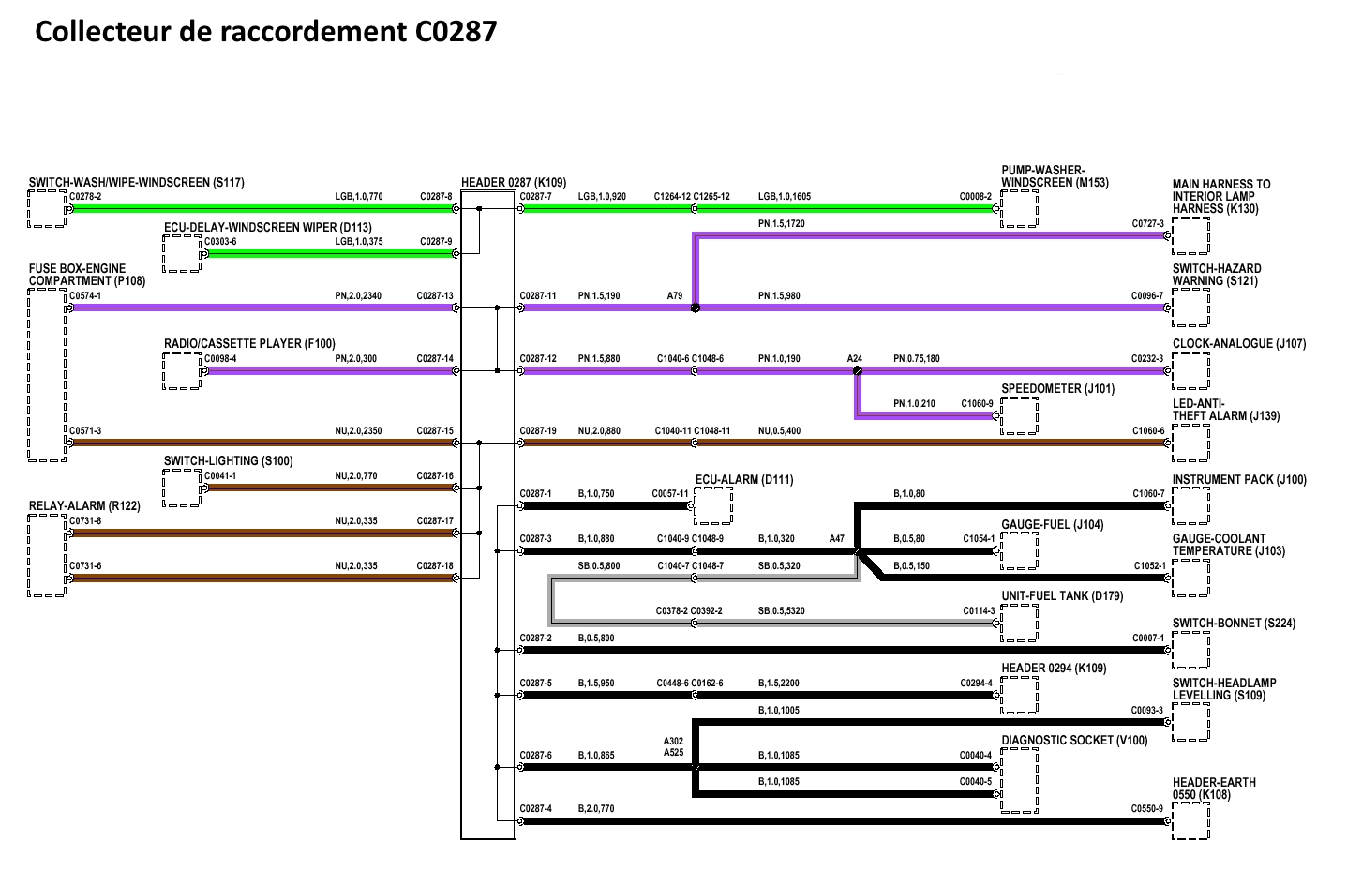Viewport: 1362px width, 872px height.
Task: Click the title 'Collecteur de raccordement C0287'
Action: pyautogui.click(x=265, y=32)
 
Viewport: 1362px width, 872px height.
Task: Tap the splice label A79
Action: pyautogui.click(x=675, y=296)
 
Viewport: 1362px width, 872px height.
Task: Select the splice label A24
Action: pyautogui.click(x=854, y=359)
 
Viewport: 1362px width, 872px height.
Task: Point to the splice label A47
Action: pyautogui.click(x=836, y=539)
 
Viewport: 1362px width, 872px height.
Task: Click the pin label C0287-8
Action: pyautogui.click(x=436, y=197)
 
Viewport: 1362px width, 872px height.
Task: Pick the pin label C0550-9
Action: pyautogui.click(x=1147, y=808)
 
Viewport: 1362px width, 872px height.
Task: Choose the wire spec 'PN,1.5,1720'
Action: pyautogui.click(x=781, y=224)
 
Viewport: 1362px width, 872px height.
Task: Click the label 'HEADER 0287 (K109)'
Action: pyautogui.click(x=513, y=182)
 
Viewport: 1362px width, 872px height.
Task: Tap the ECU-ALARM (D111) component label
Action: pyautogui.click(x=744, y=480)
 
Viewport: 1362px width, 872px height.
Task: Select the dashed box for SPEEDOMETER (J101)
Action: pyautogui.click(x=1019, y=415)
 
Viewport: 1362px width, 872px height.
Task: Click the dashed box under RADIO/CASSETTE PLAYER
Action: pyautogui.click(x=182, y=370)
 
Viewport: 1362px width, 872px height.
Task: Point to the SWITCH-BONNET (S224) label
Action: pyautogui.click(x=1234, y=624)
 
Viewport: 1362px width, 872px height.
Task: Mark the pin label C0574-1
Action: pyautogui.click(x=85, y=296)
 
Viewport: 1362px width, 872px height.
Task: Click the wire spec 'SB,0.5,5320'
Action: pyautogui.click(x=781, y=611)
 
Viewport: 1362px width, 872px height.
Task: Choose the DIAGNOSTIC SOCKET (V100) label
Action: pyautogui.click(x=1073, y=741)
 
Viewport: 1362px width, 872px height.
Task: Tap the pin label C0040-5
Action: pyautogui.click(x=975, y=781)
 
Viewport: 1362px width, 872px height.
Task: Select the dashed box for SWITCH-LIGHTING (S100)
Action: pyautogui.click(x=182, y=488)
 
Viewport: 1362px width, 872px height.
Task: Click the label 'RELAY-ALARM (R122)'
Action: pyautogui.click(x=84, y=506)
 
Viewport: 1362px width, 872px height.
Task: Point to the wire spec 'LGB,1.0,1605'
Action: pyautogui.click(x=785, y=197)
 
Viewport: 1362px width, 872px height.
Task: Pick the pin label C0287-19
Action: pyautogui.click(x=537, y=431)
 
